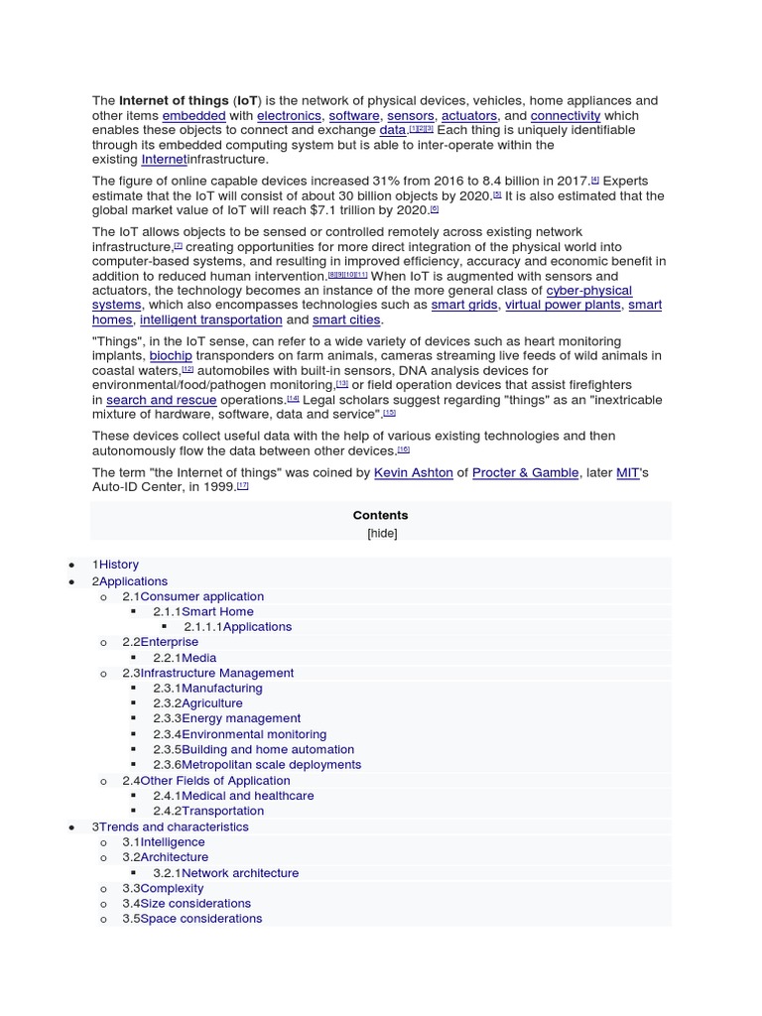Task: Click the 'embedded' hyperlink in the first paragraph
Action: (x=193, y=116)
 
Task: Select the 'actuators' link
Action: (x=468, y=116)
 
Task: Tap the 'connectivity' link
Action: (x=566, y=116)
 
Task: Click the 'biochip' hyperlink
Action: (x=171, y=356)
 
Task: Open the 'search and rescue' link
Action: (x=161, y=400)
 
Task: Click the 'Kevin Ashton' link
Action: (x=413, y=473)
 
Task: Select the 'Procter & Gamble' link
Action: (x=525, y=473)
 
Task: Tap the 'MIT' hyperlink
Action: (x=627, y=473)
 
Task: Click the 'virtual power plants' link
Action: (x=563, y=306)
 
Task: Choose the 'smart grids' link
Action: (x=463, y=306)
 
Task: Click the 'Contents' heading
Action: (x=380, y=516)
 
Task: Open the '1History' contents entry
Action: (x=115, y=565)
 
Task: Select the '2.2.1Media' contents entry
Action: (x=185, y=658)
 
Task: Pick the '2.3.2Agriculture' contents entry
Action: (x=197, y=703)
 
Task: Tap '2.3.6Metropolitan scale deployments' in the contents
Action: (x=257, y=765)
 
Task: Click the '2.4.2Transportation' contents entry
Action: (x=208, y=811)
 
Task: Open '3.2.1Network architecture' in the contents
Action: (x=225, y=873)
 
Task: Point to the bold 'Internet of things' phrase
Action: (x=174, y=101)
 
